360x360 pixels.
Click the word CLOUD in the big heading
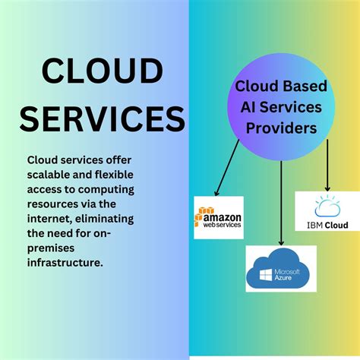[x=103, y=71]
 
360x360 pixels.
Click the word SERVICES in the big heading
[x=103, y=118]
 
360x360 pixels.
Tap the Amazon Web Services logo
[x=219, y=217]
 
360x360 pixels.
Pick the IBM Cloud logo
[x=327, y=211]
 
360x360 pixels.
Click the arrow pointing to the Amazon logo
[x=227, y=168]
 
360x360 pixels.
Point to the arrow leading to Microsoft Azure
[x=281, y=204]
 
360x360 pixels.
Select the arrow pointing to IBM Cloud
[x=327, y=165]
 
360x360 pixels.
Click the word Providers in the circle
[x=281, y=128]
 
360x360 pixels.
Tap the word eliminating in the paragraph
[x=105, y=219]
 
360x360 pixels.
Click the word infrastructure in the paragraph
[x=65, y=263]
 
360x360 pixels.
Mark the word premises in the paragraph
[x=51, y=248]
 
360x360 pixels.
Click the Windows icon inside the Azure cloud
[x=266, y=275]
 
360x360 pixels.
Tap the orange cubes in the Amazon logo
[x=201, y=215]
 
